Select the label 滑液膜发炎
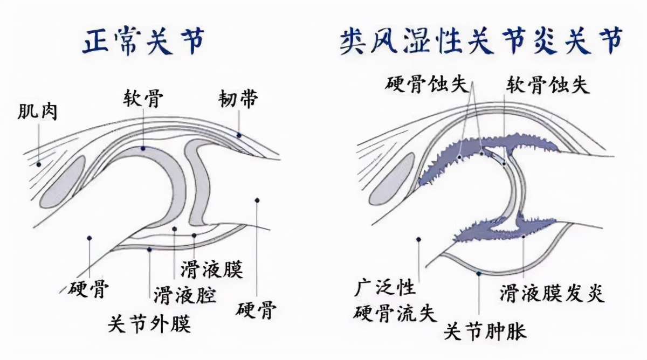click(552, 294)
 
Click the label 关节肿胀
click(484, 331)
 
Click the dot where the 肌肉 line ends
click(39, 163)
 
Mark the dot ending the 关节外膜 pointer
click(149, 249)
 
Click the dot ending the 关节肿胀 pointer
click(479, 274)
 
